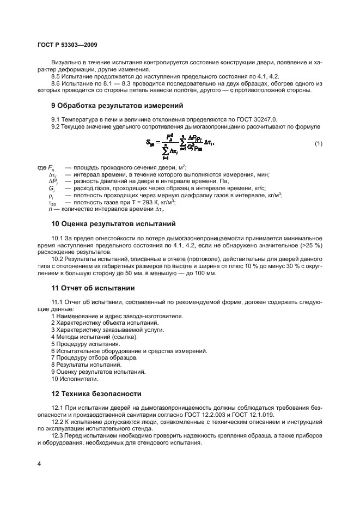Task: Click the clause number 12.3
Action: [x=58, y=436]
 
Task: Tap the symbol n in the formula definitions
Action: [x=50, y=209]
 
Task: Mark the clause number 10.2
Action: [x=58, y=259]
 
